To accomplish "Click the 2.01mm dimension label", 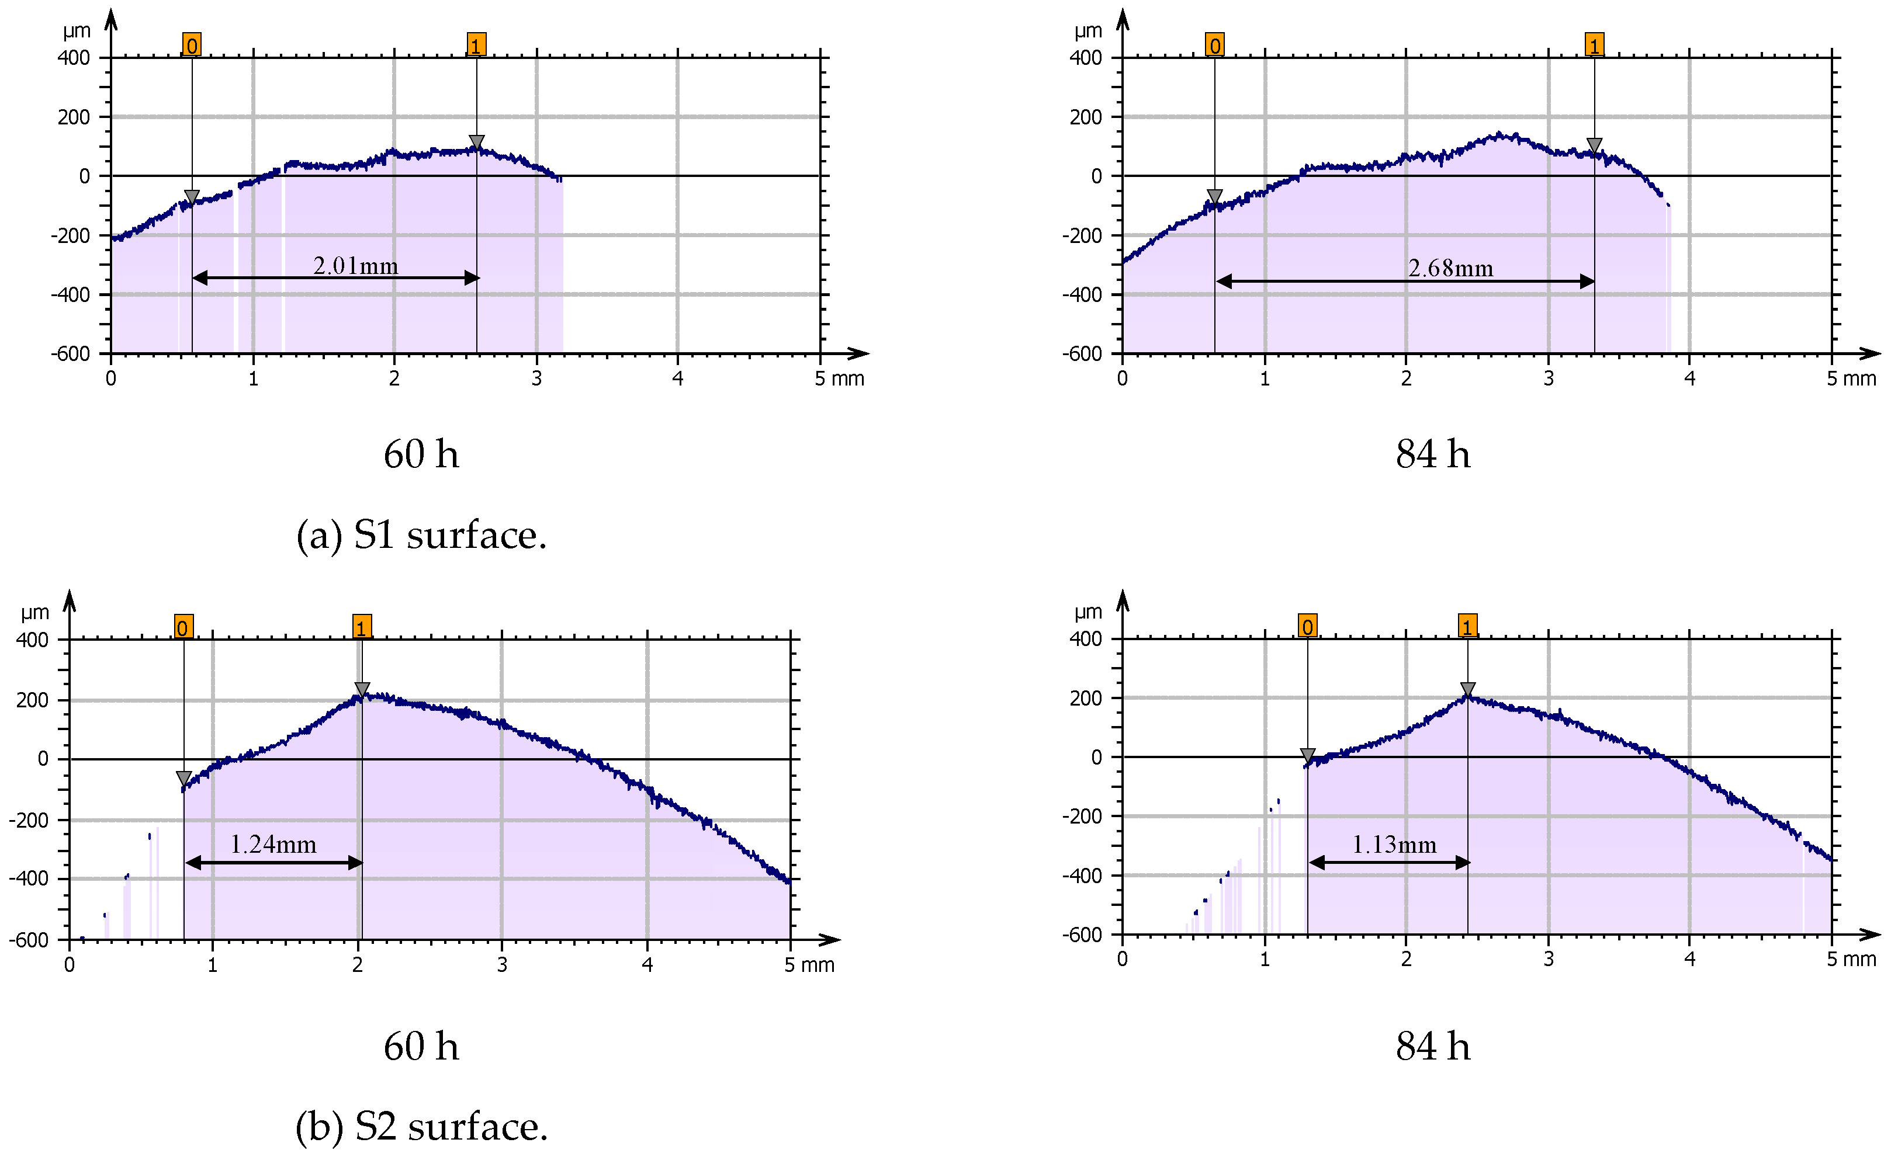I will (355, 266).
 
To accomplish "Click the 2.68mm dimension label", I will (1450, 269).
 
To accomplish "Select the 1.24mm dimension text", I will (273, 845).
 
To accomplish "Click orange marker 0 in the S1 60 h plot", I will (191, 45).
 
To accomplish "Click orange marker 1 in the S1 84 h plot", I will (1594, 45).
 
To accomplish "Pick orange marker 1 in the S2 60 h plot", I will (362, 627).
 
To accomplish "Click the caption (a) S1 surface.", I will (421, 535).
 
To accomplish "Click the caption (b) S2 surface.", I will (421, 1126).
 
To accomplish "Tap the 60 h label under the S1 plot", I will (421, 454).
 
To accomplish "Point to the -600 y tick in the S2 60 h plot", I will (29, 940).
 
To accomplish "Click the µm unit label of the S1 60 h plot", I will (77, 32).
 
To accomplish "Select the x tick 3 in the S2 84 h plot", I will (1548, 959).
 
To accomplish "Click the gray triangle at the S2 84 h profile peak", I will (1467, 689).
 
